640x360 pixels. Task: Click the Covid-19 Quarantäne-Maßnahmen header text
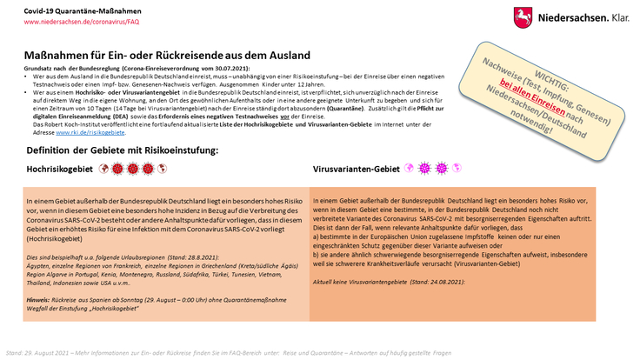point(62,9)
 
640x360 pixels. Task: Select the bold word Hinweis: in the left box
point(40,297)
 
